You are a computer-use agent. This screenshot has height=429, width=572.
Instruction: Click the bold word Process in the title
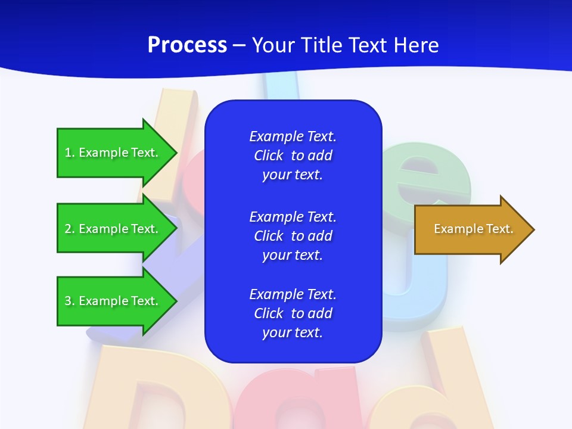pyautogui.click(x=187, y=45)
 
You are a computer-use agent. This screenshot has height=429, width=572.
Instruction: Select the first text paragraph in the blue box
pyautogui.click(x=293, y=156)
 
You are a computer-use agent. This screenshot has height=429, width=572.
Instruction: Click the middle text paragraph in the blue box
pyautogui.click(x=293, y=236)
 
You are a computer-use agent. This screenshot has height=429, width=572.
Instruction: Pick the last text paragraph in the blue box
pyautogui.click(x=293, y=313)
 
